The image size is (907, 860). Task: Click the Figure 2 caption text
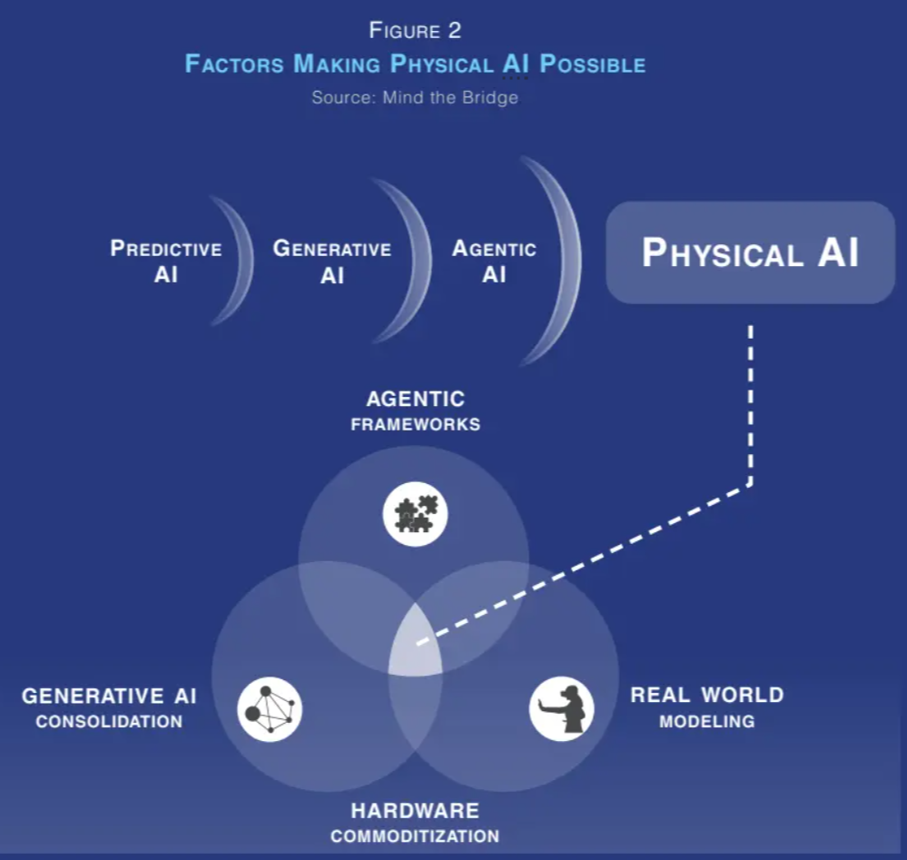click(x=415, y=30)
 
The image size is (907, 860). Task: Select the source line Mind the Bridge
click(x=415, y=97)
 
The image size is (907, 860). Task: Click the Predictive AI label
click(x=166, y=261)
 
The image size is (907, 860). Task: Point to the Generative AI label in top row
click(x=332, y=261)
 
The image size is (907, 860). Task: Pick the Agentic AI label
click(x=494, y=261)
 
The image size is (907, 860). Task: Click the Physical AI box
click(x=750, y=252)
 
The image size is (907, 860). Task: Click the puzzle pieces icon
click(x=415, y=514)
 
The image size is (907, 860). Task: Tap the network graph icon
click(x=270, y=709)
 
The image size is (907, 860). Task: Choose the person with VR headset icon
click(x=562, y=709)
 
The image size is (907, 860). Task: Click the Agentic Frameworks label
click(x=415, y=410)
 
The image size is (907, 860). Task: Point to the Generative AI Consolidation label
click(x=109, y=707)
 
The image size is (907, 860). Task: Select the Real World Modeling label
click(x=706, y=707)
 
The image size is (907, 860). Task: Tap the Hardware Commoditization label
click(x=415, y=822)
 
